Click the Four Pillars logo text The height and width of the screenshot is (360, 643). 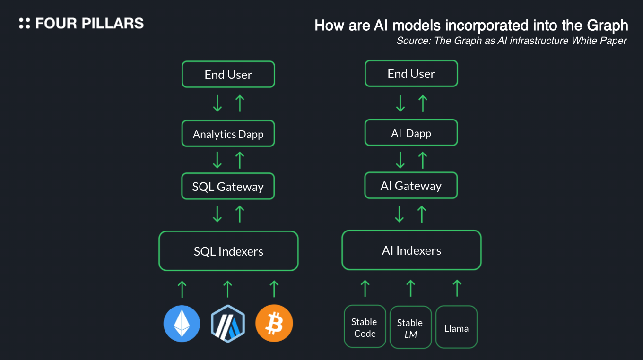(89, 23)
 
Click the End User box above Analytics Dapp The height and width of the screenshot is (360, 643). (228, 75)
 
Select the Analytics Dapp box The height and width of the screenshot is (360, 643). (228, 134)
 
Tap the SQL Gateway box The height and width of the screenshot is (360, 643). (228, 187)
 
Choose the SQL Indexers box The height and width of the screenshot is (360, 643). (228, 251)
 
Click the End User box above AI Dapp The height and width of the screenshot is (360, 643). (411, 74)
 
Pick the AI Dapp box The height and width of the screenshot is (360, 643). (411, 133)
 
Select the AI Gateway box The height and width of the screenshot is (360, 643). (411, 186)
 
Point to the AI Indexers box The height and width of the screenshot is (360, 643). (411, 250)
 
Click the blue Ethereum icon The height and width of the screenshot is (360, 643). (182, 324)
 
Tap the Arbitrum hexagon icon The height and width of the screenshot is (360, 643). (228, 324)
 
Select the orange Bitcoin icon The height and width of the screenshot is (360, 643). (274, 324)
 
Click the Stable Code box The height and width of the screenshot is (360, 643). (365, 327)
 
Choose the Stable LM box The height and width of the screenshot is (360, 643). (410, 328)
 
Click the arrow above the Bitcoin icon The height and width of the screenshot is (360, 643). (274, 288)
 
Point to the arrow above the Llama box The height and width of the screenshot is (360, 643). (457, 288)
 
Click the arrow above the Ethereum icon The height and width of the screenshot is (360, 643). (182, 288)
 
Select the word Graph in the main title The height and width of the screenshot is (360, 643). (607, 25)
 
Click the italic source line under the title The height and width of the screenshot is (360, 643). (512, 41)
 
